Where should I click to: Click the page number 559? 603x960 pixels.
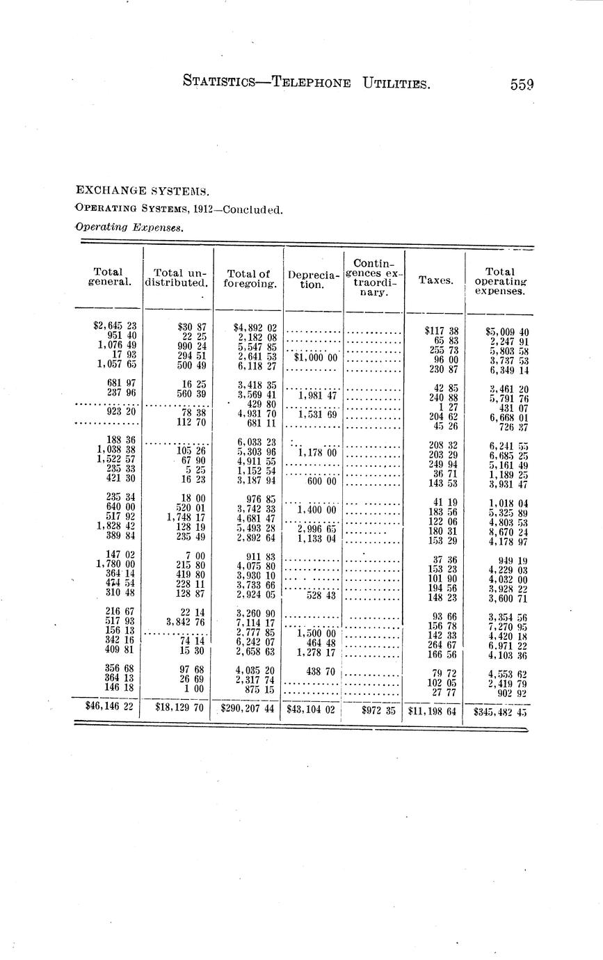[521, 85]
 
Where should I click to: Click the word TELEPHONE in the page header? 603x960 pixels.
[311, 83]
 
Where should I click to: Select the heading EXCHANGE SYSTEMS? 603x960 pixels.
[143, 190]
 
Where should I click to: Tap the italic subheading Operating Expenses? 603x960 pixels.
[129, 226]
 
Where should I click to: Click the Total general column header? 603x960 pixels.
[108, 277]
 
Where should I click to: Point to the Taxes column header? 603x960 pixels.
[435, 280]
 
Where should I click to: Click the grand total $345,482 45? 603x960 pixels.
[500, 712]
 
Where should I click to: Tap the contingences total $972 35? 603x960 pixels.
[378, 711]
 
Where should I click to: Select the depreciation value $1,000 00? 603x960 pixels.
[315, 357]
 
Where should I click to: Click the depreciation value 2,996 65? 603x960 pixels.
[316, 529]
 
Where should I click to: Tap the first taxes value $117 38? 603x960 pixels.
[442, 331]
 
